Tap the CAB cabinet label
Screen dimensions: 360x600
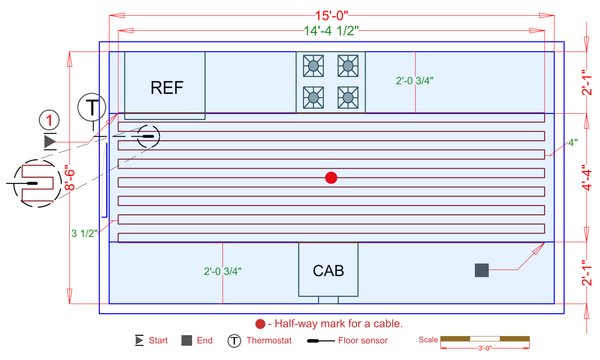(329, 271)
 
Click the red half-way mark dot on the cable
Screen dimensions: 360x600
(331, 178)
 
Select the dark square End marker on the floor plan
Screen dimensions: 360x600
(481, 270)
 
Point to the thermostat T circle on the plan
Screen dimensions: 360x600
(92, 106)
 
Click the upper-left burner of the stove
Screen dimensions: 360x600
(314, 66)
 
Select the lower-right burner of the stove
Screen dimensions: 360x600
(347, 97)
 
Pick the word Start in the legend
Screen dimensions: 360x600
(158, 341)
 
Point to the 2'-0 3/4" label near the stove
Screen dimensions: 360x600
(416, 82)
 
